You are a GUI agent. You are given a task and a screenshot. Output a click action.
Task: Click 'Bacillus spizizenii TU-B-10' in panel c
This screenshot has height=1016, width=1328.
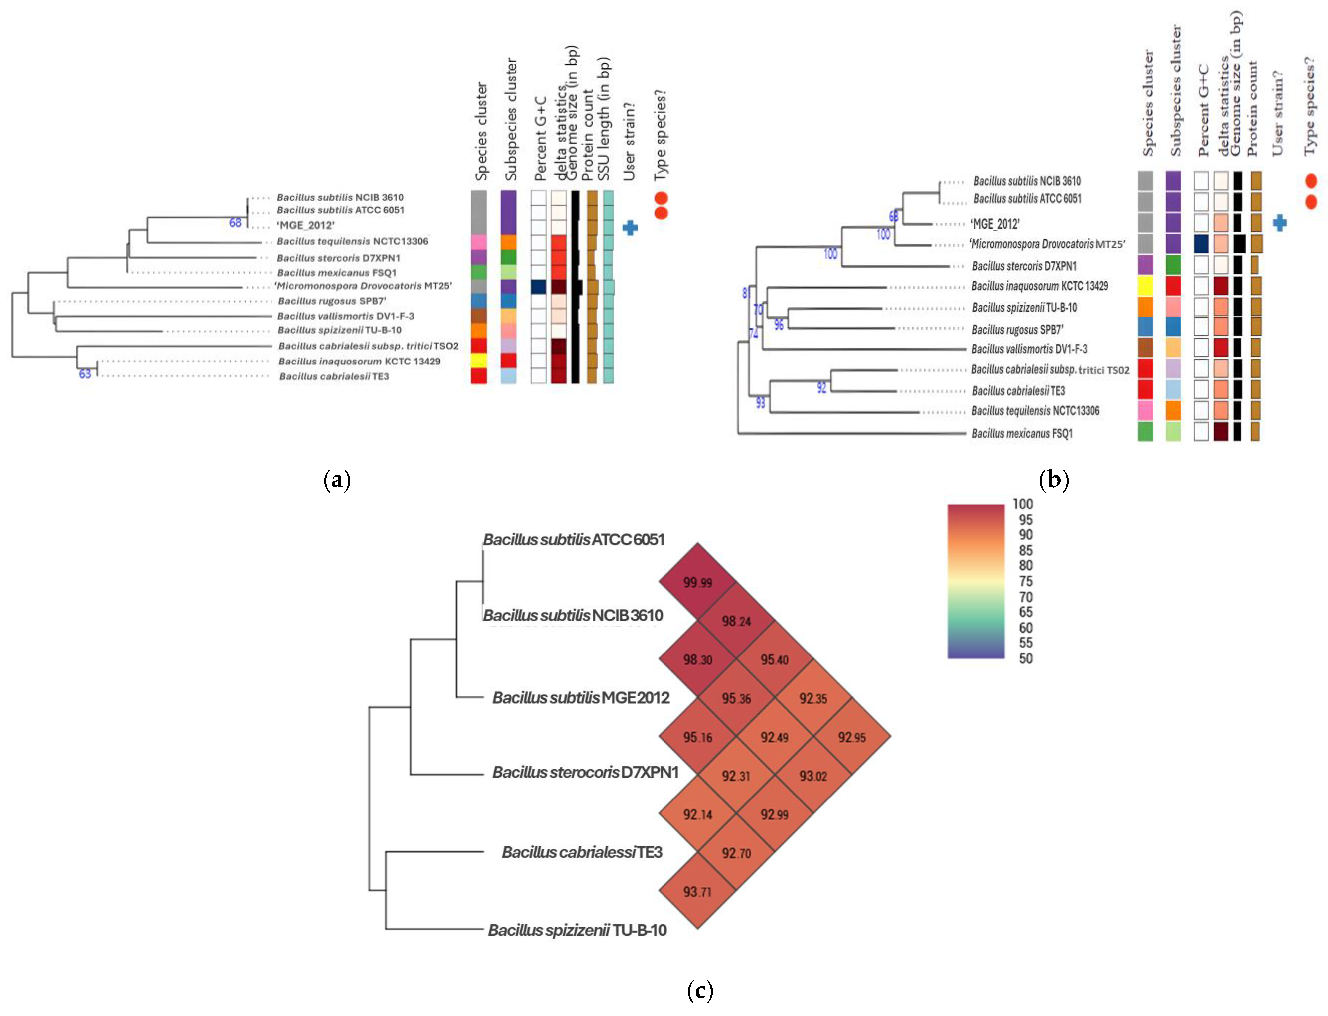click(577, 930)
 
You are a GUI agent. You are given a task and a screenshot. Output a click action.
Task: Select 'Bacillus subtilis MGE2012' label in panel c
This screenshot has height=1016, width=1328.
click(581, 697)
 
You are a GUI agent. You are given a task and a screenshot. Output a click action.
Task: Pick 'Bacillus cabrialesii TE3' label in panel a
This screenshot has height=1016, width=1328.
click(334, 376)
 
